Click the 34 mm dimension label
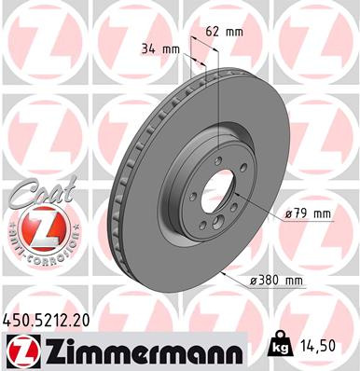click(159, 48)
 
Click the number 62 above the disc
click(210, 31)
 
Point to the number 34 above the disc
click(148, 48)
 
